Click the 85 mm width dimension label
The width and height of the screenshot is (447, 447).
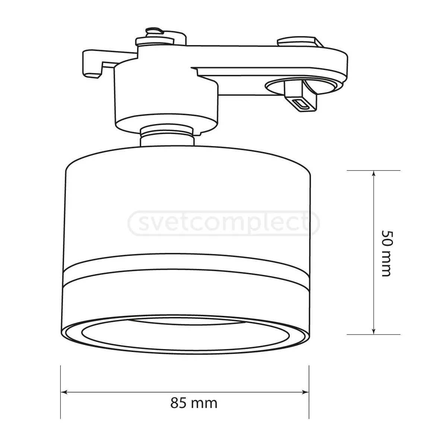pos(194,403)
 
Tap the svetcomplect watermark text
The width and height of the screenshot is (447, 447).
pos(223,224)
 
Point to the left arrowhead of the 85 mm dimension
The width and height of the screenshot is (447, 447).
pos(64,392)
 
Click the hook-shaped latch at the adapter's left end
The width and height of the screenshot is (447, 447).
pos(91,63)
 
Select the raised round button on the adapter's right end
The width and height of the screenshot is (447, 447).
pos(296,41)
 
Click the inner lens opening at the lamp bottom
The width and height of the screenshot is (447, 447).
pos(186,333)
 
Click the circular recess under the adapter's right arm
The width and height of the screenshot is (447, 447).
pos(276,86)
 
